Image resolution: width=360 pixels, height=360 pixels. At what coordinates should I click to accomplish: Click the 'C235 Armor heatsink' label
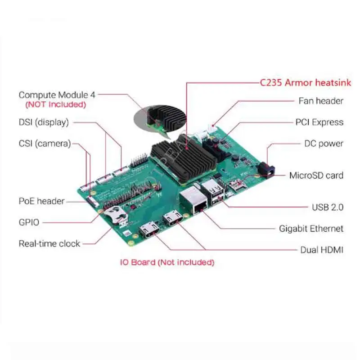click(306, 83)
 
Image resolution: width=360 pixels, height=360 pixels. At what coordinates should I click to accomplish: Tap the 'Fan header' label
click(321, 101)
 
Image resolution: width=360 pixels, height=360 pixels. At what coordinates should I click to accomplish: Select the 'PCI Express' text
click(319, 122)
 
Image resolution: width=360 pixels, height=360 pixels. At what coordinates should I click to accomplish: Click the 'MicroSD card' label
click(316, 175)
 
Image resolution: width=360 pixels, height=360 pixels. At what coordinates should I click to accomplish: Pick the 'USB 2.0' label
click(328, 207)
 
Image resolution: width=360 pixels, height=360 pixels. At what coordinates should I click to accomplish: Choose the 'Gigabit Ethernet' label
click(311, 229)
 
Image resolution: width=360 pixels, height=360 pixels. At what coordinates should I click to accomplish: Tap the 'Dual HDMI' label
click(322, 249)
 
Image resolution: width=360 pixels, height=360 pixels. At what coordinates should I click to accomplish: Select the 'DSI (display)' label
click(44, 122)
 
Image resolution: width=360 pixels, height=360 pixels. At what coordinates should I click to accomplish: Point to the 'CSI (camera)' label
click(45, 144)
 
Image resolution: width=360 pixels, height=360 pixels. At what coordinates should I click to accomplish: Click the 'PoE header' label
click(41, 201)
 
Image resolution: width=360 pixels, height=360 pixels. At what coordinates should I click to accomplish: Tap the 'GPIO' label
click(29, 222)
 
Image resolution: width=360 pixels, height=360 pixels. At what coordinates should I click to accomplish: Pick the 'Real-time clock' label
click(49, 243)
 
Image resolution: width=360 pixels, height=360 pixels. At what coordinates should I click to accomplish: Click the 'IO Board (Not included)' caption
click(166, 262)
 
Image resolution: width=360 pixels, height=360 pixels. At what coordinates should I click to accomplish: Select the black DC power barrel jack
click(265, 170)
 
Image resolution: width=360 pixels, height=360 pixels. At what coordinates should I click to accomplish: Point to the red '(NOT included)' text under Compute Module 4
click(55, 105)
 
